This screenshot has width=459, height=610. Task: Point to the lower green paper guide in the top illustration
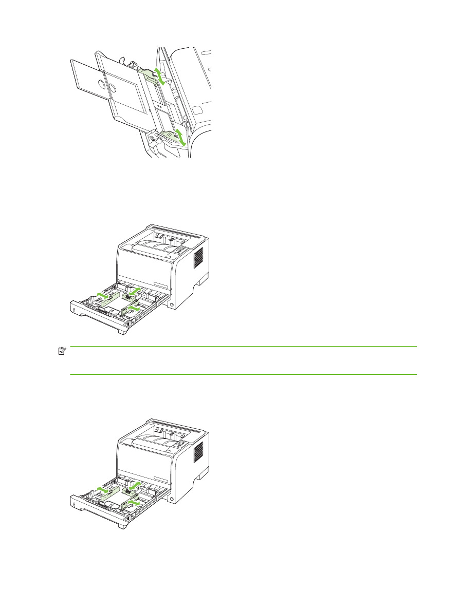click(169, 136)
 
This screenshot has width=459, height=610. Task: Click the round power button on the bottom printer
click(171, 500)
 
